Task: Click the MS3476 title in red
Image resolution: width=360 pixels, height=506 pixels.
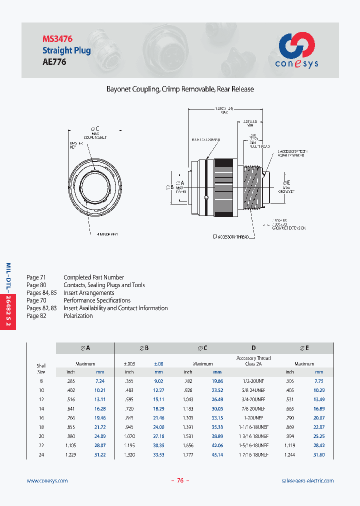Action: click(57, 38)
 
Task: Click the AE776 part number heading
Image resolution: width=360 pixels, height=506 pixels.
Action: click(54, 62)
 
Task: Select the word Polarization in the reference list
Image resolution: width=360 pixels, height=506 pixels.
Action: click(78, 316)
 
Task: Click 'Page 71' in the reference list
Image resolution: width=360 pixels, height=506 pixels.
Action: click(36, 277)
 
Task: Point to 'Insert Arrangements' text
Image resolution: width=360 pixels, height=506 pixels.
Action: click(89, 293)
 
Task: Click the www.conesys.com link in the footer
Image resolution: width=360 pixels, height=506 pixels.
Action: click(47, 480)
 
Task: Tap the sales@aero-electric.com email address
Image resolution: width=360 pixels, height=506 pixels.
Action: click(307, 480)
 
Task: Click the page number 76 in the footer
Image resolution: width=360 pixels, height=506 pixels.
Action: click(180, 480)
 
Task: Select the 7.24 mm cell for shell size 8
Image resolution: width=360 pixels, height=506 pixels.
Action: click(99, 381)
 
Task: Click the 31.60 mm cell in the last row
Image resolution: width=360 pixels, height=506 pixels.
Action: click(318, 454)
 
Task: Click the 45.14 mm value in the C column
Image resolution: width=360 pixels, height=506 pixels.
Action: click(217, 454)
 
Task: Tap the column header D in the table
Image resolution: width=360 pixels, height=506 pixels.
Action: click(253, 348)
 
